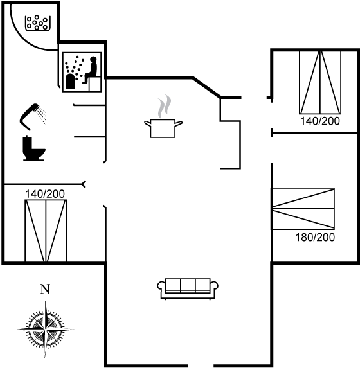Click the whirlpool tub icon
37,23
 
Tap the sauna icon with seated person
82,72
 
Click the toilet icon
33,148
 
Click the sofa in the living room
188,289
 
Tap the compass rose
46,329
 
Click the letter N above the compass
45,289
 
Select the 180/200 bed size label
315,237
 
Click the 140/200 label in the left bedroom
45,194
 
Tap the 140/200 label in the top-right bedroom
320,121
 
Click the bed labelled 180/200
303,209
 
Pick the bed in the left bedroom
46,231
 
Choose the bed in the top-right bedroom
320,82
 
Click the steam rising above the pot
165,106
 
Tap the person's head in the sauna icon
93,59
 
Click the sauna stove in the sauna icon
70,82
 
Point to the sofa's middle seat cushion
188,286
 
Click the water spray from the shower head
42,116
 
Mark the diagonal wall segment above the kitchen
207,87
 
